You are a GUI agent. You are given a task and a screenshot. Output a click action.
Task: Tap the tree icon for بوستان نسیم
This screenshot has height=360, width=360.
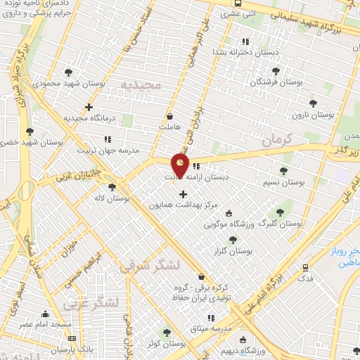pos(283,171)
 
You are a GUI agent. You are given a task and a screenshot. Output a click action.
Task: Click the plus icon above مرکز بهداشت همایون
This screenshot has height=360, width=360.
pos(184,194)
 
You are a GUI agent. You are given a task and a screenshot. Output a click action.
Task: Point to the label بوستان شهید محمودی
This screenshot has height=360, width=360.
pos(67,83)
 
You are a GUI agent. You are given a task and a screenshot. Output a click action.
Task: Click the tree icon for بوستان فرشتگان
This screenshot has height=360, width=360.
pos(275,71)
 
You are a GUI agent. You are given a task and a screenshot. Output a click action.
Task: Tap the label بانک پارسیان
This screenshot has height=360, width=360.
pos(76,349)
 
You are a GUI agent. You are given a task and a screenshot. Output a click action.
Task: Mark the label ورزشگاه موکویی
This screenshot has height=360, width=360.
pos(230,225)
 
